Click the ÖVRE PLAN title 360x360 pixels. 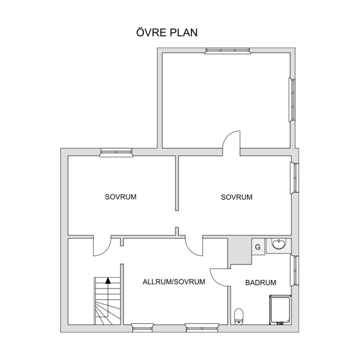[167, 32]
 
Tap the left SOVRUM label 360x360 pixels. [121, 197]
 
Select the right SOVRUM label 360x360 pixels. [236, 197]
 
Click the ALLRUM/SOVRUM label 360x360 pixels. [174, 282]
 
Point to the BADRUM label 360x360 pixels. [261, 282]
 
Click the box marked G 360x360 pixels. [258, 247]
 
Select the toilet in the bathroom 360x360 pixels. [239, 316]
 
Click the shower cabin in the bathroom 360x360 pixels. [280, 310]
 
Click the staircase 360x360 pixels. [107, 301]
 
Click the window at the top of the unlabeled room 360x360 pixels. [228, 51]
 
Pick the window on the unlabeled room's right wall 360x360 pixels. [292, 100]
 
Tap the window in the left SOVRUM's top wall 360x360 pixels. [116, 152]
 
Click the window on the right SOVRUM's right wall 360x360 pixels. [295, 178]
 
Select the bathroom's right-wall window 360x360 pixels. [295, 271]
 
